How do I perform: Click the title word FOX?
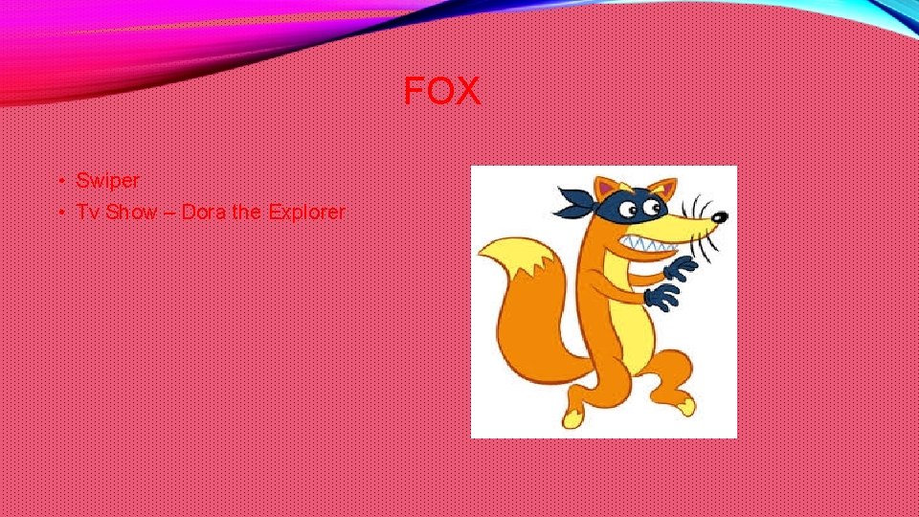pos(441,92)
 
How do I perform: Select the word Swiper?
pos(107,180)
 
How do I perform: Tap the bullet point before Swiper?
pos(59,181)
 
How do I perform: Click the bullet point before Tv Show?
pos(59,213)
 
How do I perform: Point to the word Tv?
pos(88,212)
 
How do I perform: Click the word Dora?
pos(204,212)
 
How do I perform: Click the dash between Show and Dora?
pos(168,213)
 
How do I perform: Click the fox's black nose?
pos(719,217)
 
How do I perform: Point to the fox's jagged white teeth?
pos(652,245)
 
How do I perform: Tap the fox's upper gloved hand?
pos(681,267)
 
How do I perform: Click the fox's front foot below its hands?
pos(683,407)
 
